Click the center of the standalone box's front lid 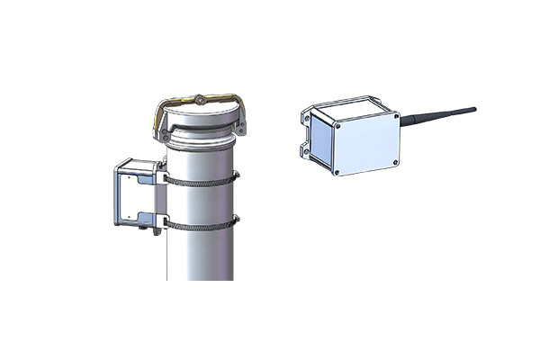[364, 144]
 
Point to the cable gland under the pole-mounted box [156, 233]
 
